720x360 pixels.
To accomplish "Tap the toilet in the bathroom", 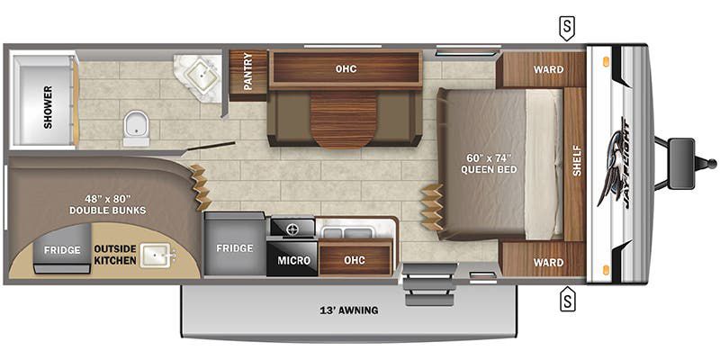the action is (x=137, y=128).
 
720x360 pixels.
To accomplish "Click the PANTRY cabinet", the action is (x=248, y=75).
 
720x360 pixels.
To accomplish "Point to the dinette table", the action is (x=344, y=119).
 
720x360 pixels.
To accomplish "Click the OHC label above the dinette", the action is (x=346, y=69).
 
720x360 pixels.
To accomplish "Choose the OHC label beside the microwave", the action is (x=355, y=260).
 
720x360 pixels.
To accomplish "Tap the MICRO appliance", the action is (x=293, y=260).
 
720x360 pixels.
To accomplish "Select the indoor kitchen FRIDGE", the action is (x=235, y=244).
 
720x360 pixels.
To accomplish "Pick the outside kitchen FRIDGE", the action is (x=62, y=249).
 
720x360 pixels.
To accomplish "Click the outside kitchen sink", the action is (x=157, y=255).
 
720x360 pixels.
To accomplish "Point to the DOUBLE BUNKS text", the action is (x=107, y=211).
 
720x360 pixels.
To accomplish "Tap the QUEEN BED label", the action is (x=489, y=169).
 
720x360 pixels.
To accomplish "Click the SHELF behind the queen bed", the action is (x=574, y=164).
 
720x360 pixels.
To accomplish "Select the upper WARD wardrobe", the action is (x=541, y=69).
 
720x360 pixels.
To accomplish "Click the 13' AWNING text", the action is (x=349, y=310).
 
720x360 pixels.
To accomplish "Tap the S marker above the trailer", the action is (x=567, y=28).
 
